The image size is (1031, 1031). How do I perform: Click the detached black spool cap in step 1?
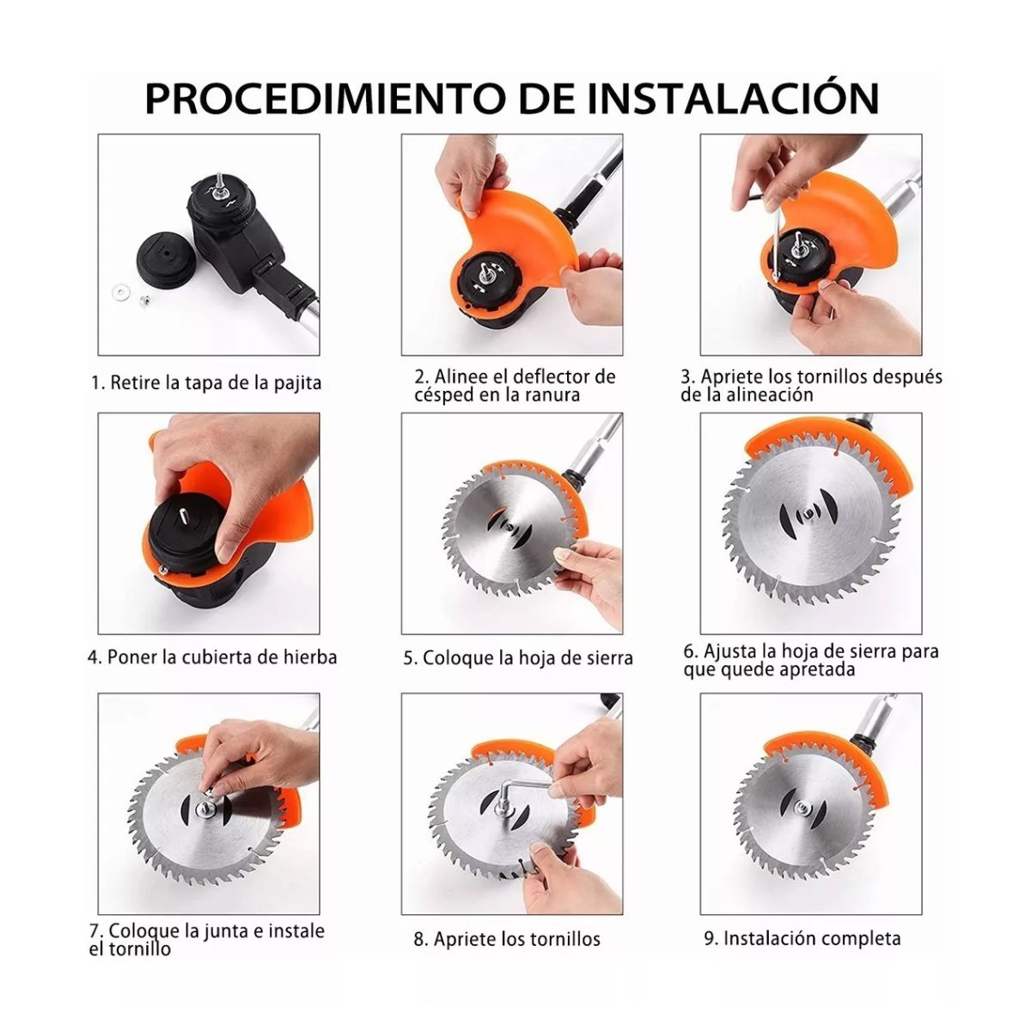pyautogui.click(x=167, y=261)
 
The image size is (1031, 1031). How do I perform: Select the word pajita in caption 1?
pyautogui.click(x=297, y=383)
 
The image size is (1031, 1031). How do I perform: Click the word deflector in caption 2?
pyautogui.click(x=564, y=376)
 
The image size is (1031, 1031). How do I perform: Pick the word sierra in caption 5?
pyautogui.click(x=607, y=657)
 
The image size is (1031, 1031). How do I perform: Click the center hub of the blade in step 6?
pyautogui.click(x=806, y=516)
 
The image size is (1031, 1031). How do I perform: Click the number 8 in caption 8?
pyautogui.click(x=419, y=939)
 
